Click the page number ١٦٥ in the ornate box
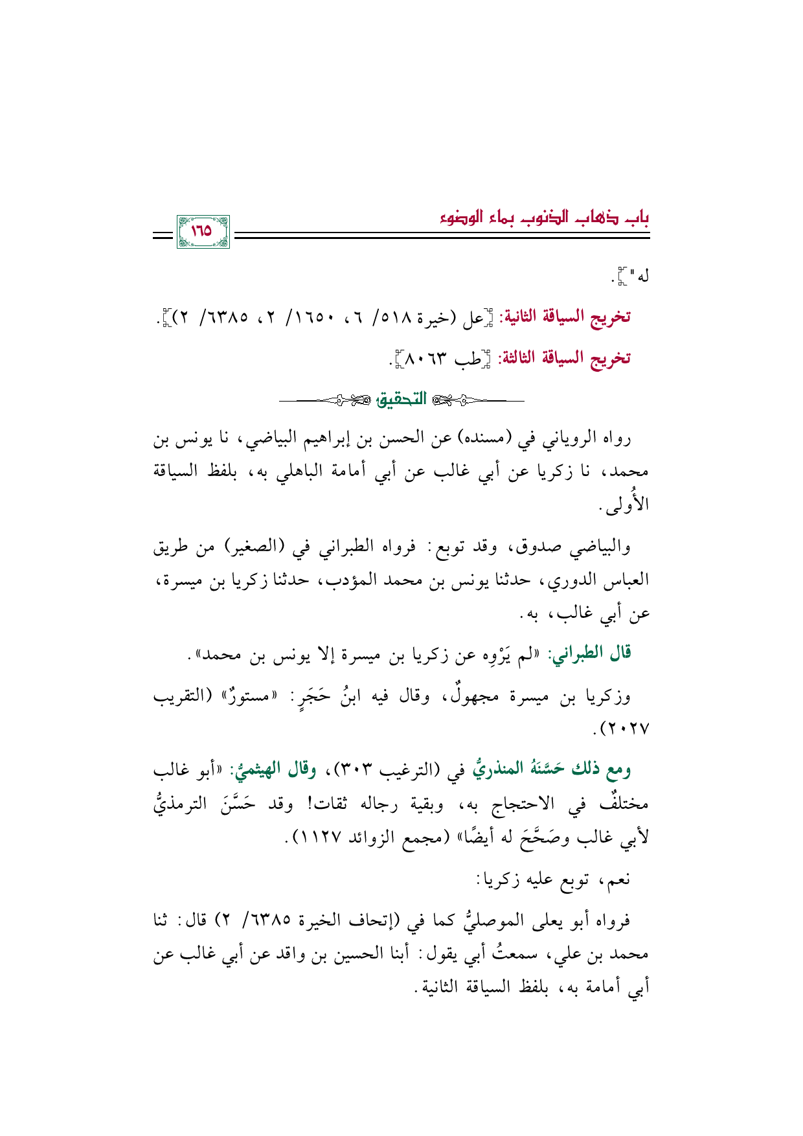pyautogui.click(x=202, y=231)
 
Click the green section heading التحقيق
pyautogui.click(x=401, y=400)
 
